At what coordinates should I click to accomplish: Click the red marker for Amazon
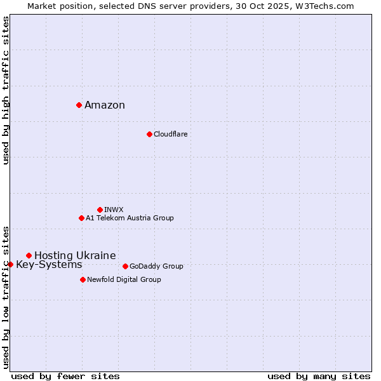pyautogui.click(x=79, y=105)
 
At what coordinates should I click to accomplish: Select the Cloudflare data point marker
pyautogui.click(x=149, y=134)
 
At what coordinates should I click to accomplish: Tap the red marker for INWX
pyautogui.click(x=100, y=210)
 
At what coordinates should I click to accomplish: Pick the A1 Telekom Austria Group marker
pyautogui.click(x=81, y=218)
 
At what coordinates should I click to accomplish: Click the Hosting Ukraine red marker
pyautogui.click(x=29, y=255)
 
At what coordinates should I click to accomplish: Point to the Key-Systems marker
pyautogui.click(x=10, y=264)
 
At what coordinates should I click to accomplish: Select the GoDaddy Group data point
pyautogui.click(x=125, y=266)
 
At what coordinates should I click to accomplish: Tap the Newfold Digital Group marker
pyautogui.click(x=83, y=279)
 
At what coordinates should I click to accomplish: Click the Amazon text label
pyautogui.click(x=105, y=105)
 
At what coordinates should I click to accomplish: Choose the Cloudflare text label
pyautogui.click(x=170, y=134)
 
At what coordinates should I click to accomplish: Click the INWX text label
pyautogui.click(x=114, y=210)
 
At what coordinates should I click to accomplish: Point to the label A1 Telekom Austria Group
pyautogui.click(x=130, y=218)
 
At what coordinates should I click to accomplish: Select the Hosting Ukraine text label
pyautogui.click(x=75, y=255)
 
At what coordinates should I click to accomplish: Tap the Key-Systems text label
pyautogui.click(x=49, y=264)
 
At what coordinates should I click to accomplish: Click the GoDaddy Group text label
pyautogui.click(x=156, y=266)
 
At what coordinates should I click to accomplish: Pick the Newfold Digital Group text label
pyautogui.click(x=124, y=279)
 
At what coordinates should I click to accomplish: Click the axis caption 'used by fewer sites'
pyautogui.click(x=65, y=376)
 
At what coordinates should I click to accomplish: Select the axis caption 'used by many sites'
pyautogui.click(x=319, y=376)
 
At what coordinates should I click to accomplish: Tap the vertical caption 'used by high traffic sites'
pyautogui.click(x=6, y=90)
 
